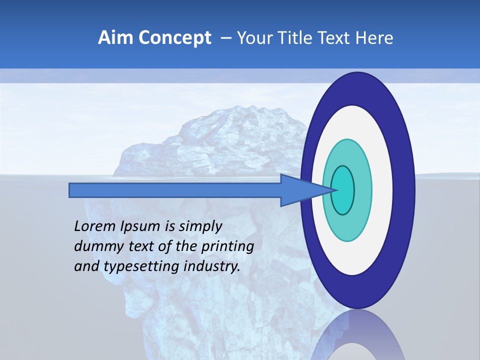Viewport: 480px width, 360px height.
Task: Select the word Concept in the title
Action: pyautogui.click(x=174, y=38)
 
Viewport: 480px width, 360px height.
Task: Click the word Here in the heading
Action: pyautogui.click(x=375, y=38)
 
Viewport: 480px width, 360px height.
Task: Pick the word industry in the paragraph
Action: pyautogui.click(x=212, y=266)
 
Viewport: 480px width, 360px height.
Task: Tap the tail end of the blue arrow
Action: pyautogui.click(x=73, y=190)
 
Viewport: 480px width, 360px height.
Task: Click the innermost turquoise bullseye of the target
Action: pyautogui.click(x=343, y=190)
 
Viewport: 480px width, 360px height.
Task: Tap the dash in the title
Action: pyautogui.click(x=226, y=38)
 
